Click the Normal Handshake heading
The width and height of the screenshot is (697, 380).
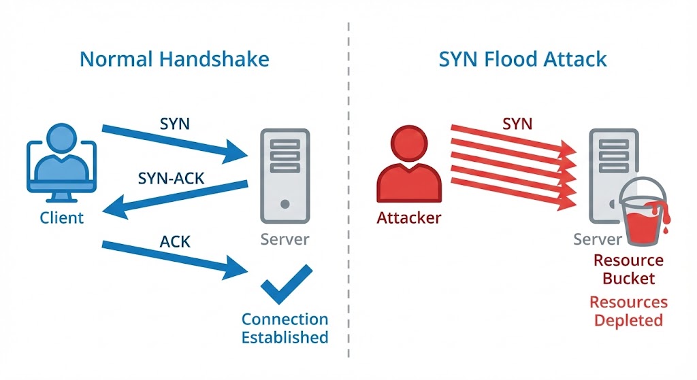pyautogui.click(x=174, y=58)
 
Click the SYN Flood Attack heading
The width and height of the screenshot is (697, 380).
pyautogui.click(x=523, y=58)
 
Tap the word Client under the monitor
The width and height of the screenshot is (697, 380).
pyautogui.click(x=61, y=218)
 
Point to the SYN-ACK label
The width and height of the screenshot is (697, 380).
pyautogui.click(x=172, y=179)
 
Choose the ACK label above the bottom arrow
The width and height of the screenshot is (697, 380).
pyautogui.click(x=176, y=241)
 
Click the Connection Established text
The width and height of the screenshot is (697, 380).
pyautogui.click(x=285, y=328)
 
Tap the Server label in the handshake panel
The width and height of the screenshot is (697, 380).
pyautogui.click(x=285, y=239)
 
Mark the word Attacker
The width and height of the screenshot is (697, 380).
pyautogui.click(x=408, y=218)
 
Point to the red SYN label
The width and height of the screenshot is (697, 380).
pyautogui.click(x=517, y=124)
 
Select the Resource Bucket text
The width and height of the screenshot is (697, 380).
pyautogui.click(x=628, y=269)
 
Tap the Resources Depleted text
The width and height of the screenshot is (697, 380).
pyautogui.click(x=628, y=311)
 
